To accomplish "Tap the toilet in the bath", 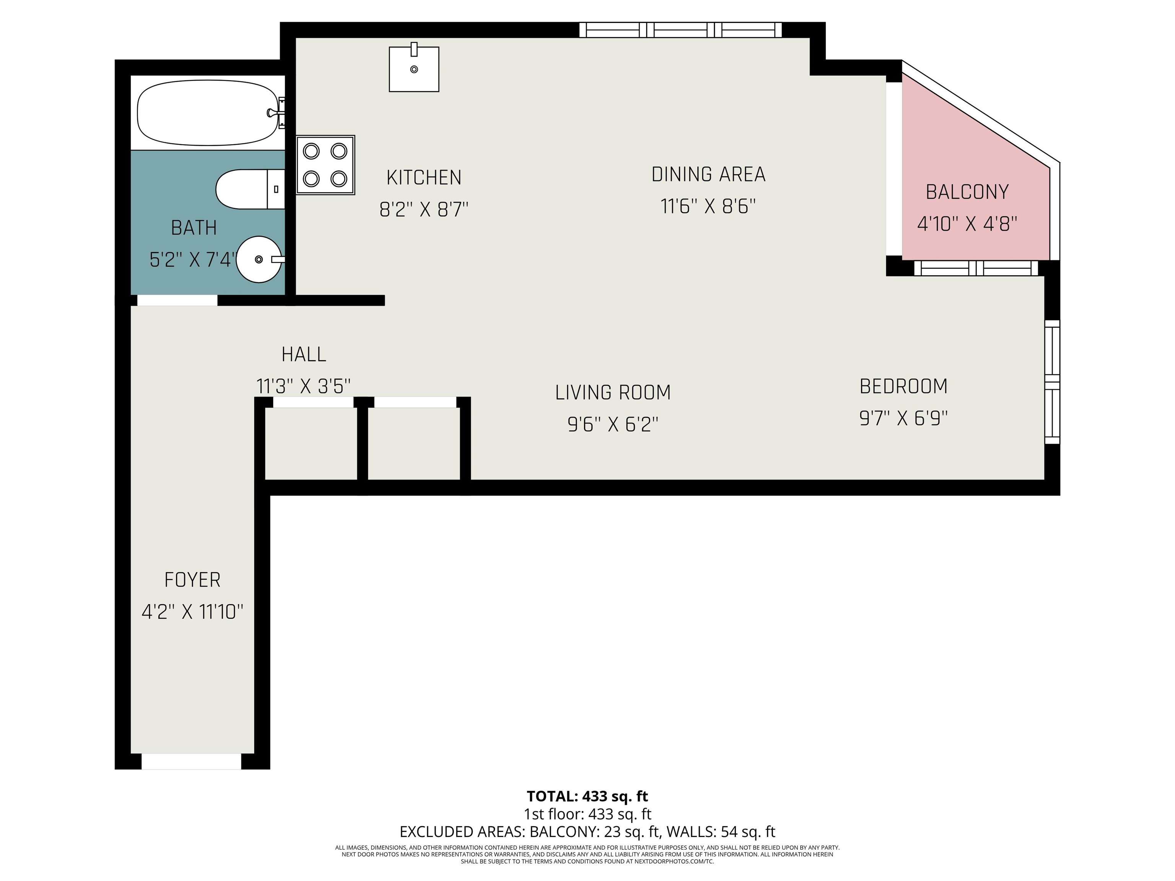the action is pos(250,189).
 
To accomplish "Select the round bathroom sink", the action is pos(260,259).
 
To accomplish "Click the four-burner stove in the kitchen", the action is pos(325,165).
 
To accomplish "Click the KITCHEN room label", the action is pos(424,177).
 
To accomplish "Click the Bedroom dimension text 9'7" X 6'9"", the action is pos(903,418).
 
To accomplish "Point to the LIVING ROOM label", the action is pos(613,392).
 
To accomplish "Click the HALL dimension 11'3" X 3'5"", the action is pos(303,386).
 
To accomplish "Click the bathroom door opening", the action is pos(177,300).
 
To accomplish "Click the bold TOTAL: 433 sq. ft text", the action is pos(587,796).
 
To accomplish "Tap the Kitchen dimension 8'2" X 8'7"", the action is pos(424,210).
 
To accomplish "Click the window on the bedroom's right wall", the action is pos(1052,382).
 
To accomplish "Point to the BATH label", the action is pos(194,228).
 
